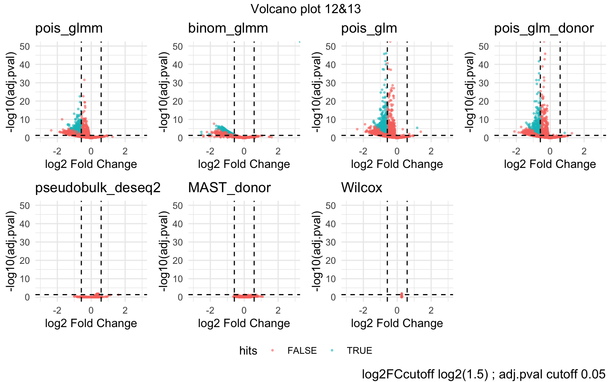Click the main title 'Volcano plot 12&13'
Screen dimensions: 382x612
(306, 9)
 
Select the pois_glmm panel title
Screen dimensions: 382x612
(69, 28)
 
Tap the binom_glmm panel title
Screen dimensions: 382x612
(228, 28)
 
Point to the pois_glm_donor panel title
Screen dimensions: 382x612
(544, 28)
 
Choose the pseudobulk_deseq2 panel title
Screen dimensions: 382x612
(98, 187)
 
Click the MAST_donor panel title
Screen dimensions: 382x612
(229, 187)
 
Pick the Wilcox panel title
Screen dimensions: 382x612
(361, 187)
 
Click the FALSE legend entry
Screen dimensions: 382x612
(302, 351)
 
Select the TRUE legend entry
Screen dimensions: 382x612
(359, 351)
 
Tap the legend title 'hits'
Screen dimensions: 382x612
(248, 351)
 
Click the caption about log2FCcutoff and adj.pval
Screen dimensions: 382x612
(483, 374)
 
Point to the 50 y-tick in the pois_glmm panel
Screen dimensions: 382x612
(25, 46)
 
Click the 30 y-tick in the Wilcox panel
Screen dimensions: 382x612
(331, 242)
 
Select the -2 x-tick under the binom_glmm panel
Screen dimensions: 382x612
(210, 151)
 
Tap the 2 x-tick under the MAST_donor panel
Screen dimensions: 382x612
(278, 310)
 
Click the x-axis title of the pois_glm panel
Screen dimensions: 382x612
(397, 164)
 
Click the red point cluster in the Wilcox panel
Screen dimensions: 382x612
(402, 295)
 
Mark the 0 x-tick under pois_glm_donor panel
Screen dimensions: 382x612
(550, 151)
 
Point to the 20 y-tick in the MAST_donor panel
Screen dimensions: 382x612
(178, 260)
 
